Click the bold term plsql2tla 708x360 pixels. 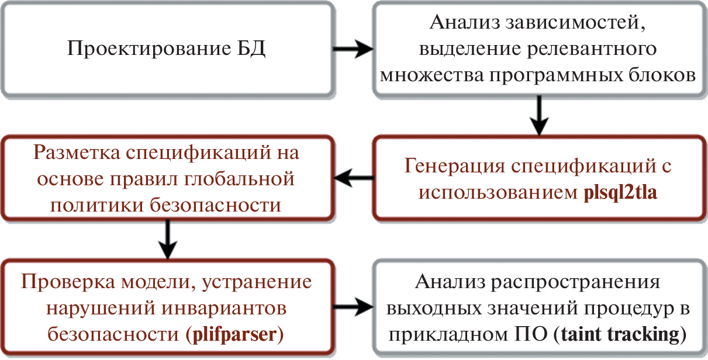(621, 192)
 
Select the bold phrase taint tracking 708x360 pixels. (620, 335)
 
